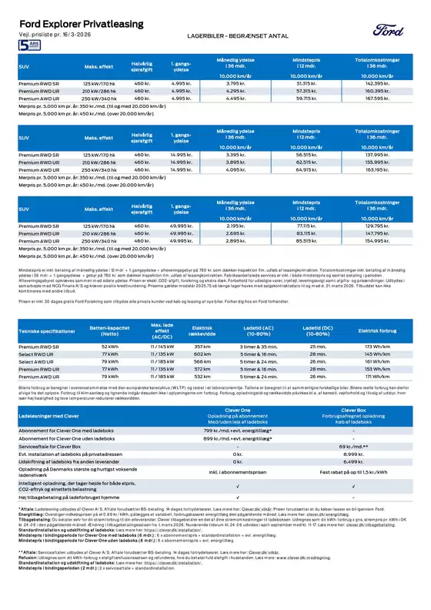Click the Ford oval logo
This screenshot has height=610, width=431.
[387, 30]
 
